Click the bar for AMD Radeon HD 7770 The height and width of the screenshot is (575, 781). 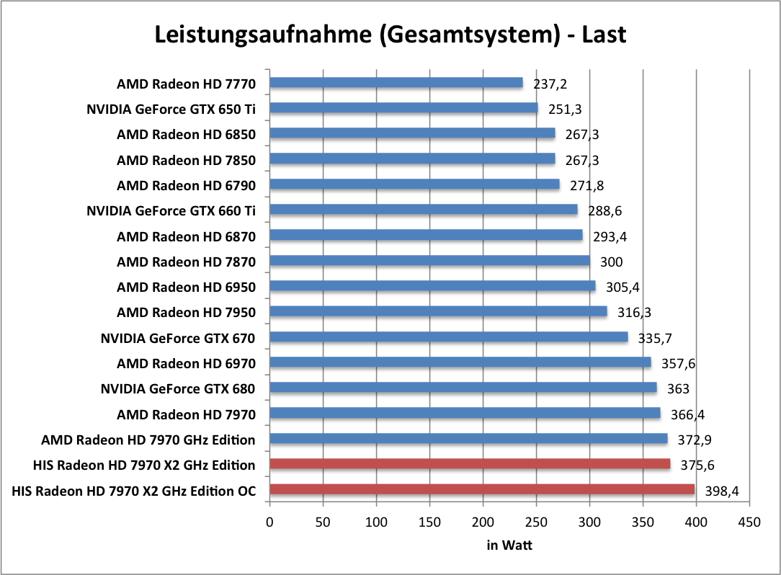click(x=396, y=83)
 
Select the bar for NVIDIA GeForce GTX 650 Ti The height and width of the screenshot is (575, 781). click(x=403, y=108)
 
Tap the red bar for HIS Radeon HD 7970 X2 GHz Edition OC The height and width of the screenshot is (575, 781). click(x=481, y=490)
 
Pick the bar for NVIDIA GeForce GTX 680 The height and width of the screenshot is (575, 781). click(x=463, y=388)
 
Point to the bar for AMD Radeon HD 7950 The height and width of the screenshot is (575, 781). click(x=438, y=311)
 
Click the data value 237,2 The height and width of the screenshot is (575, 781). click(x=550, y=84)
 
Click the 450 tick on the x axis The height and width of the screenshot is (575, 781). click(x=749, y=521)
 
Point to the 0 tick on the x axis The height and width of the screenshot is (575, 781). click(x=269, y=521)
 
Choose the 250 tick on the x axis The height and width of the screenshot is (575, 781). click(x=536, y=521)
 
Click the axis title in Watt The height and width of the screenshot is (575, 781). click(x=509, y=545)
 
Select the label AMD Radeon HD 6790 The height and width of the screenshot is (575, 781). click(x=186, y=185)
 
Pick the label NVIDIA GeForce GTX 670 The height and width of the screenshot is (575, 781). click(x=178, y=338)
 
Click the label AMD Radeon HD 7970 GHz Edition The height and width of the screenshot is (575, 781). click(x=148, y=440)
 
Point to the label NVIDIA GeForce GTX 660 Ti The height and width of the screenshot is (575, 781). click(x=171, y=210)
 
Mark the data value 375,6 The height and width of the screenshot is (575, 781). click(x=697, y=465)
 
